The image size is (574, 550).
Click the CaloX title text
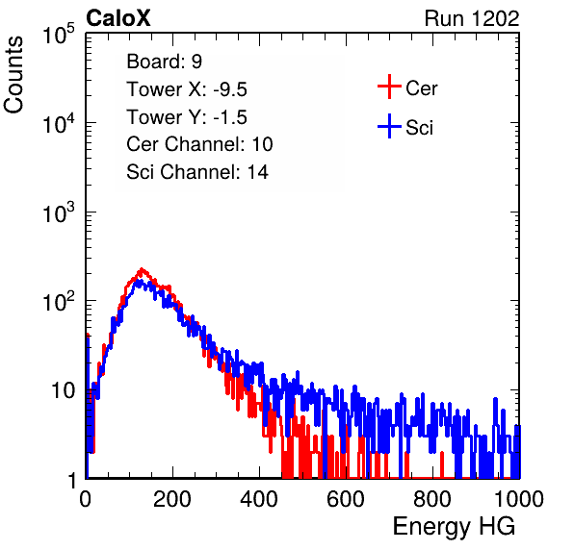coord(118,18)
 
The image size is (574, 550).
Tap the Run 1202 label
coord(472,18)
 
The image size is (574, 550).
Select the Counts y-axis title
coord(13,75)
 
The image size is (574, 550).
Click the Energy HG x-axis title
coord(454,527)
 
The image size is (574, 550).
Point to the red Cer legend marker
coord(389,87)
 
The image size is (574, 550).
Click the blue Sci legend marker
coord(389,126)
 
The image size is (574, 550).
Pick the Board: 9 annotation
coord(164,62)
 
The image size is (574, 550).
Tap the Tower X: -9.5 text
coord(187,89)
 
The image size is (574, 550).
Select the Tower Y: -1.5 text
coord(187,117)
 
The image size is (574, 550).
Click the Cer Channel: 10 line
coord(199,144)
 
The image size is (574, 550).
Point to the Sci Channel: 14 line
coord(197,172)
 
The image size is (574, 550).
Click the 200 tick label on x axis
coord(172,499)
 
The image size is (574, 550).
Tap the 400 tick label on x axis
coord(259,499)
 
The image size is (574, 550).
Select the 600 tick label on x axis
coord(346,499)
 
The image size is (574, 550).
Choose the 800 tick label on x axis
coord(432,499)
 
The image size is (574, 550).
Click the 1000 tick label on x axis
coord(519,499)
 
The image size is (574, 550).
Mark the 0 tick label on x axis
coord(86,499)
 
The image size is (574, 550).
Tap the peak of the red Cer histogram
coord(142,269)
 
